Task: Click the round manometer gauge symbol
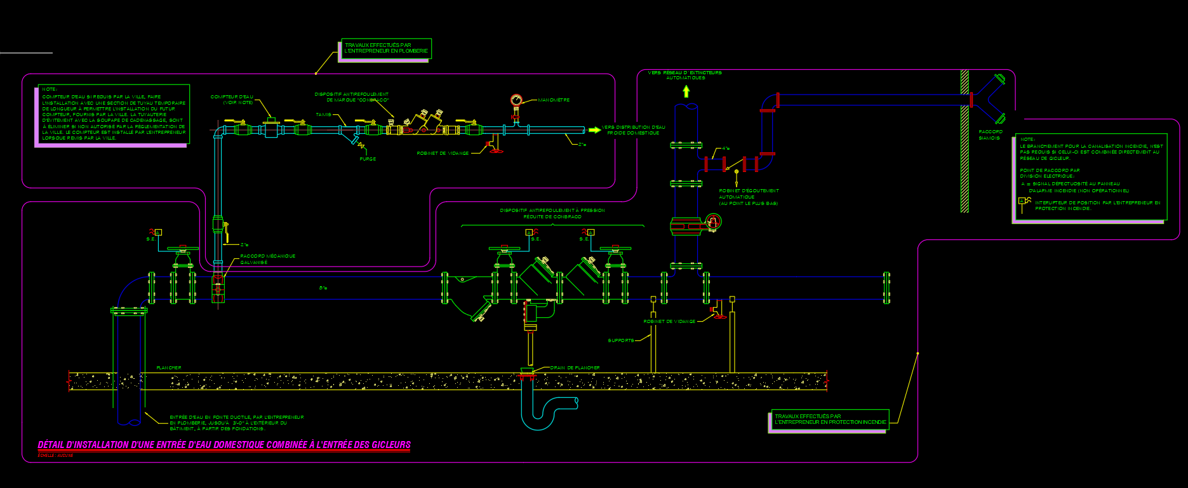pyautogui.click(x=516, y=100)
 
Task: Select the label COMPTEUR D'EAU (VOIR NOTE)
pyautogui.click(x=232, y=100)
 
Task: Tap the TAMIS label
pyautogui.click(x=323, y=115)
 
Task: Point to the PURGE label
pyautogui.click(x=368, y=159)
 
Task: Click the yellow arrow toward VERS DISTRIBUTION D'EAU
pyautogui.click(x=594, y=130)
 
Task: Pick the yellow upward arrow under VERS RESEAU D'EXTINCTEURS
pyautogui.click(x=686, y=91)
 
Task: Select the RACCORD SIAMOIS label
pyautogui.click(x=990, y=135)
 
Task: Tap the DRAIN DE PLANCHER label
pyautogui.click(x=575, y=368)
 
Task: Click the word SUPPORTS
pyautogui.click(x=621, y=341)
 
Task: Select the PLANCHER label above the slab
pyautogui.click(x=169, y=368)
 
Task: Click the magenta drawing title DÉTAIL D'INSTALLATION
pyautogui.click(x=224, y=445)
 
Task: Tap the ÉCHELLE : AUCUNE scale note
pyautogui.click(x=56, y=456)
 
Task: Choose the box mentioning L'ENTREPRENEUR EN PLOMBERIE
pyautogui.click(x=386, y=48)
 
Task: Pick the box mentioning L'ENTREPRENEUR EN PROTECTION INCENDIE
pyautogui.click(x=830, y=419)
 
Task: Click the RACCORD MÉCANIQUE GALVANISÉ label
pyautogui.click(x=267, y=259)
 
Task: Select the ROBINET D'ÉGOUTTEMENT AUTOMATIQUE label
pyautogui.click(x=749, y=197)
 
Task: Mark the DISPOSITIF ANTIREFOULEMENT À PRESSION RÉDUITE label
pyautogui.click(x=552, y=213)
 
